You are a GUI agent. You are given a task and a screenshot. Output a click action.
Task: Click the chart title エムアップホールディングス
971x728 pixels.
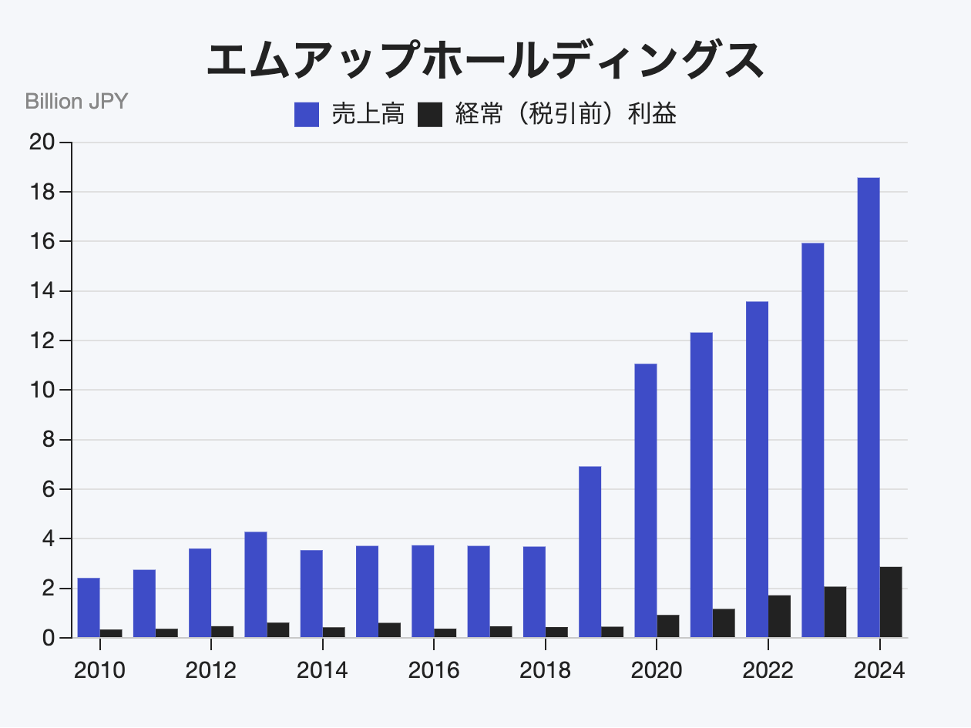pos(485,61)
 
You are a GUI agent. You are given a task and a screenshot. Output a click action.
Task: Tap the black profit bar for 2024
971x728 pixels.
pos(891,602)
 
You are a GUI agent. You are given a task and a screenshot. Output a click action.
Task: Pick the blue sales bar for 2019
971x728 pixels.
pos(590,552)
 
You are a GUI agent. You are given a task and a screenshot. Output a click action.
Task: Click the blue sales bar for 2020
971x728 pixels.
pos(646,501)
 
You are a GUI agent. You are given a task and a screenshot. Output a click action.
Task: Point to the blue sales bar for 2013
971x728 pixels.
pos(256,585)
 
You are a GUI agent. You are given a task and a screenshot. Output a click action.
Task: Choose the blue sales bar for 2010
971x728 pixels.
pos(89,607)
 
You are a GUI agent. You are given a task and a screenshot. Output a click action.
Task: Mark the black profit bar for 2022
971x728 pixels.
pos(779,616)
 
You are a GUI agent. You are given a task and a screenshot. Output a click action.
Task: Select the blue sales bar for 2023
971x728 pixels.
pos(813,440)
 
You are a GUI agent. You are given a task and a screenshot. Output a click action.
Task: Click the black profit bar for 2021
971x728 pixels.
pos(724,623)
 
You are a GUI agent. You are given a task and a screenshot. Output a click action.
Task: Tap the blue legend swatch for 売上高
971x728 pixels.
pos(307,116)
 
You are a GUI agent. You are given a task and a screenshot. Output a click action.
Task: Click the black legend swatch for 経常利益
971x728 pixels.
pos(429,116)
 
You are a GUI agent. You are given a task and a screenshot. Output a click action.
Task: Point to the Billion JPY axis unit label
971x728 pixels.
pos(76,101)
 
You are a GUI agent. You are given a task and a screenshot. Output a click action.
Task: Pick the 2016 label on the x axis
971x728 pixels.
pos(434,670)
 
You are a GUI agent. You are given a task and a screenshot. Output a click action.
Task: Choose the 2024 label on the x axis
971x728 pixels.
pos(879,670)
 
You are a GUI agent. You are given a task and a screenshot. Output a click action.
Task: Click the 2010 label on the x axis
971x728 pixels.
pos(99,670)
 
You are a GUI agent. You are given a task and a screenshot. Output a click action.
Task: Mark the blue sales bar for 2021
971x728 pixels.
pos(701,485)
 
